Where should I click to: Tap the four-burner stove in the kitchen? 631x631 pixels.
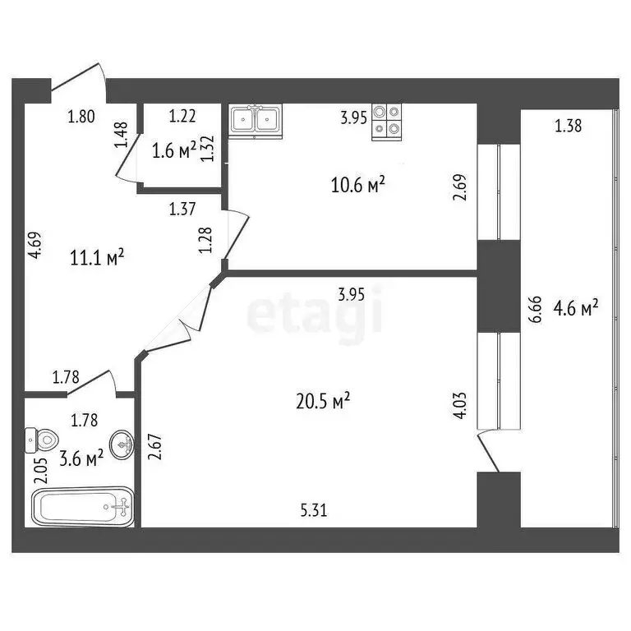tap(387, 121)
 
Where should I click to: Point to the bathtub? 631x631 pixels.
tap(82, 506)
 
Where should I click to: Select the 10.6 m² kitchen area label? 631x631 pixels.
tap(359, 187)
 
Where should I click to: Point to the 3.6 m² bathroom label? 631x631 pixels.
tap(82, 458)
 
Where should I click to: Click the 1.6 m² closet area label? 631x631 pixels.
tap(174, 150)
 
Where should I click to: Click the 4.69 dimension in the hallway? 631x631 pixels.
tap(35, 246)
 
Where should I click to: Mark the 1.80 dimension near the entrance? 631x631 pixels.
tap(81, 117)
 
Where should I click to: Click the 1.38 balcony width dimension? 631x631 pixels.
tap(569, 126)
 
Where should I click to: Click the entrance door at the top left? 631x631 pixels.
tap(79, 78)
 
